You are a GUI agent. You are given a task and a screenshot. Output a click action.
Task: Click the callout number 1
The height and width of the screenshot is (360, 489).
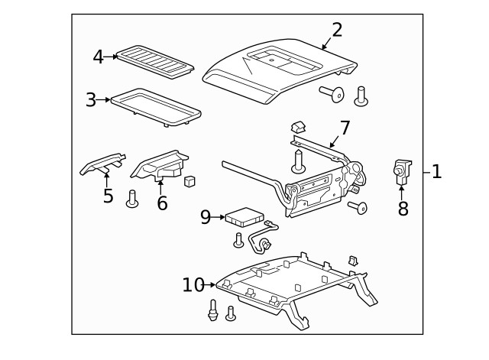click(436, 172)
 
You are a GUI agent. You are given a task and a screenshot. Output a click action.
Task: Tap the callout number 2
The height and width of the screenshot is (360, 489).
click(337, 30)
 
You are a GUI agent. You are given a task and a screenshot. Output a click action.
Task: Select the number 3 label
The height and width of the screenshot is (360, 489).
click(91, 100)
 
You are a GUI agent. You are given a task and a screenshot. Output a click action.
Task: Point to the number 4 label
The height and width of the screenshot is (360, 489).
click(99, 57)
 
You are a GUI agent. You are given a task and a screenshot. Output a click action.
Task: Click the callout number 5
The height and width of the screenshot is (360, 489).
click(108, 196)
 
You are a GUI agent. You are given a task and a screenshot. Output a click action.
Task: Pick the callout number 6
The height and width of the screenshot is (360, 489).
click(162, 203)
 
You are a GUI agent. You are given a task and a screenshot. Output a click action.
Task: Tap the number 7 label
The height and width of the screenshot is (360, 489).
click(345, 128)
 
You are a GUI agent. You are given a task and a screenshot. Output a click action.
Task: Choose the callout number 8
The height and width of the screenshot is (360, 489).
click(403, 208)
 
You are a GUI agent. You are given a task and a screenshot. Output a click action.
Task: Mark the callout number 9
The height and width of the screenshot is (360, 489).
click(206, 217)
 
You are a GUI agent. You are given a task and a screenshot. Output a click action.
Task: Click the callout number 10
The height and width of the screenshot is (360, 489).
click(193, 285)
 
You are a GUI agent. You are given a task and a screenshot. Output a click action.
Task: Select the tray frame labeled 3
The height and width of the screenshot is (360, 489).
click(156, 103)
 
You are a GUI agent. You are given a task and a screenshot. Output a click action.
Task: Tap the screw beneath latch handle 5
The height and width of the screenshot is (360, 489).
click(131, 199)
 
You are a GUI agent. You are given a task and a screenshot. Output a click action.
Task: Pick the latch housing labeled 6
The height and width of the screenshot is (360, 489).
click(160, 165)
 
